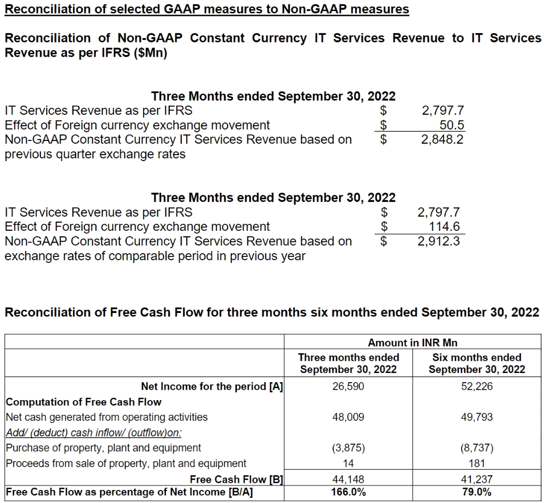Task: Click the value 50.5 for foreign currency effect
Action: pos(451,125)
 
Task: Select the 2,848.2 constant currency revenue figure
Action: pos(443,139)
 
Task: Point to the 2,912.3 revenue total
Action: pos(438,241)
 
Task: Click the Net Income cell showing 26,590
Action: pos(348,387)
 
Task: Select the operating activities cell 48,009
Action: pos(348,417)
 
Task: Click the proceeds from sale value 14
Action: pos(348,463)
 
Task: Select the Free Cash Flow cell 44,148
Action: pos(348,480)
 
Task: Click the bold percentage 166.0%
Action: pos(348,492)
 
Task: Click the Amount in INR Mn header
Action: pos(413,342)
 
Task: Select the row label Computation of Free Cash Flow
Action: pos(83,402)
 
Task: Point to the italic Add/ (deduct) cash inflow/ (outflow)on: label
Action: pos(93,432)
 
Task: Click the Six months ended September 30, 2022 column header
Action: pos(476,363)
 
